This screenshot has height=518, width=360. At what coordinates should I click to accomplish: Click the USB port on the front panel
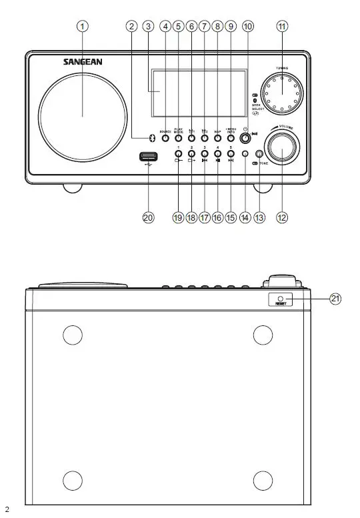(x=148, y=157)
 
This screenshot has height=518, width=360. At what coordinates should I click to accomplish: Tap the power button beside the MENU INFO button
(x=246, y=138)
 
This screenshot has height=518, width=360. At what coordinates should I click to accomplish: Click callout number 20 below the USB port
(x=148, y=217)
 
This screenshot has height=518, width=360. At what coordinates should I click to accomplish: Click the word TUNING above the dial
(x=282, y=69)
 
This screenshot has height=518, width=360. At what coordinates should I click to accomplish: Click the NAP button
(x=217, y=138)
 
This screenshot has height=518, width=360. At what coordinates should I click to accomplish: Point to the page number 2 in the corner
(x=7, y=509)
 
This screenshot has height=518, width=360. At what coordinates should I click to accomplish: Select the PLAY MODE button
(x=178, y=138)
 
